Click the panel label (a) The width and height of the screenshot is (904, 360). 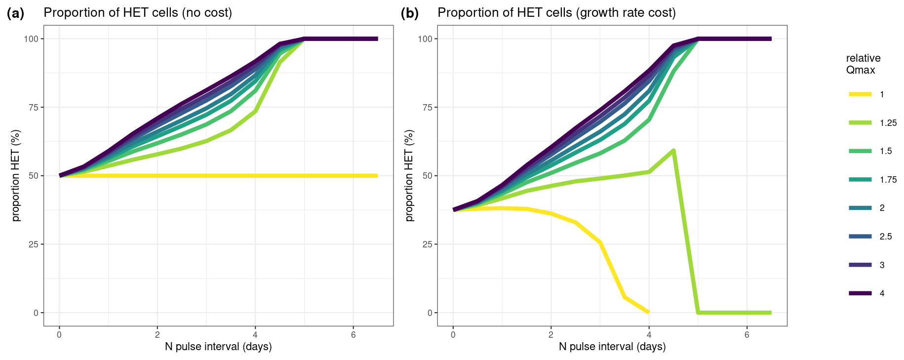[x=15, y=13]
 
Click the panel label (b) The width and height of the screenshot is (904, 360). [x=409, y=13]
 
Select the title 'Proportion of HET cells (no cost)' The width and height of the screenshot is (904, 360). [x=138, y=13]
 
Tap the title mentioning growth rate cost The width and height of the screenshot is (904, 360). [x=556, y=13]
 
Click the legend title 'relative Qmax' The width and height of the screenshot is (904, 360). [x=863, y=64]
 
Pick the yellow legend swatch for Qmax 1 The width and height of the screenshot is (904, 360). [x=860, y=94]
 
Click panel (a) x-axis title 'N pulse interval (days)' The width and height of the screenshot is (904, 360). [x=218, y=347]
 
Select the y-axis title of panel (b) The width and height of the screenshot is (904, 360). [x=409, y=175]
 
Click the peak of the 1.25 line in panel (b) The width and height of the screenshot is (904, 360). [x=673, y=151]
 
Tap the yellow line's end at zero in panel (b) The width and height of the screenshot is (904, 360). [x=648, y=312]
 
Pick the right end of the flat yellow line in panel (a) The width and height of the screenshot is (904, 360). [x=377, y=176]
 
